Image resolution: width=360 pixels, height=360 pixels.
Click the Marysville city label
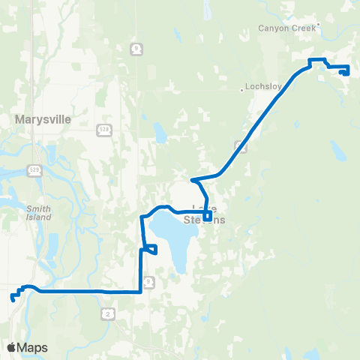pyautogui.click(x=42, y=118)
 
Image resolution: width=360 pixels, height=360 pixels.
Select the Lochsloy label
pyautogui.click(x=264, y=86)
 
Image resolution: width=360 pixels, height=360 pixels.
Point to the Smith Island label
pyautogui.click(x=38, y=212)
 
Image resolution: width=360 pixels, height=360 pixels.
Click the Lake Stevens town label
pyautogui.click(x=204, y=214)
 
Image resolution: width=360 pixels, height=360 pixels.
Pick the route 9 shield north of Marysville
pyautogui.click(x=135, y=48)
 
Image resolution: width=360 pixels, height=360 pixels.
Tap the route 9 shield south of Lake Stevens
pyautogui.click(x=149, y=281)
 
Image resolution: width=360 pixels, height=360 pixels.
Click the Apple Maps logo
pyautogui.click(x=27, y=348)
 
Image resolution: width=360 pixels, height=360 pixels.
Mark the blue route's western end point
pyautogui.click(x=13, y=299)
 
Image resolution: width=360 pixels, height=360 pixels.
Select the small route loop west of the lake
pyautogui.click(x=150, y=249)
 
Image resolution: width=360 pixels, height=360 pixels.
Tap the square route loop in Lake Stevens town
pyautogui.click(x=208, y=218)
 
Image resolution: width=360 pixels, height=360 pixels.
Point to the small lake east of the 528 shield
pyautogui.click(x=160, y=134)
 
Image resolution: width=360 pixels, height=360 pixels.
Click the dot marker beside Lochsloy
pyautogui.click(x=241, y=90)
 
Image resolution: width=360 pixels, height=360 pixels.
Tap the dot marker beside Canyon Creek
pyautogui.click(x=318, y=24)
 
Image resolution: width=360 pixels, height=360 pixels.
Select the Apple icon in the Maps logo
pyautogui.click(x=10, y=348)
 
